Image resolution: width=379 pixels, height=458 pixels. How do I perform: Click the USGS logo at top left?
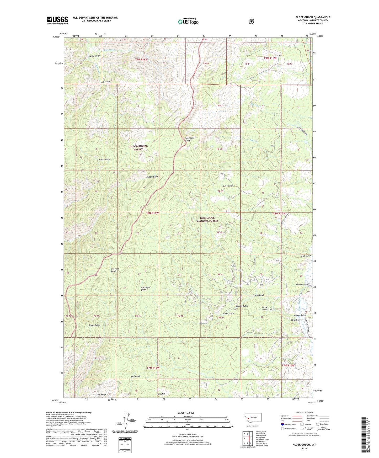pyautogui.click(x=57, y=20)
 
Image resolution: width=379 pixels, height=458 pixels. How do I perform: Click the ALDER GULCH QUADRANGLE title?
pyautogui.click(x=313, y=17)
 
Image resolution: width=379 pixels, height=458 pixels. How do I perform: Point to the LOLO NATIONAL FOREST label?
pyautogui.click(x=138, y=148)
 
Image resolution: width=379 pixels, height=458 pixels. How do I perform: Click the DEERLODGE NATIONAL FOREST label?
pyautogui.click(x=207, y=219)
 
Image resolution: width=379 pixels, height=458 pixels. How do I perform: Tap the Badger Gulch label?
pyautogui.click(x=152, y=177)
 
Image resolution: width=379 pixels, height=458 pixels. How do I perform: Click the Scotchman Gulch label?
pyautogui.click(x=146, y=289)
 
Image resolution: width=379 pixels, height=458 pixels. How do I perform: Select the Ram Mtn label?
pyautogui.click(x=161, y=394)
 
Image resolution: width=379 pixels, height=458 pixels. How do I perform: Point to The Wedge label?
pyautogui.click(x=102, y=394)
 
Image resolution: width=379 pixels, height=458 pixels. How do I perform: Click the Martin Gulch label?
pyautogui.click(x=94, y=56)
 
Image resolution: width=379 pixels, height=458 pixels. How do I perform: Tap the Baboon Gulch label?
pyautogui.click(x=241, y=306)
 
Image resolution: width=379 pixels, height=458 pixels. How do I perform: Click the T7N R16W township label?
pyautogui.click(x=153, y=368)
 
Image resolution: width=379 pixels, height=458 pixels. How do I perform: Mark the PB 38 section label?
pyautogui.click(x=219, y=149)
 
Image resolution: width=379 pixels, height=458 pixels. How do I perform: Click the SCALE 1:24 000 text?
pyautogui.click(x=186, y=413)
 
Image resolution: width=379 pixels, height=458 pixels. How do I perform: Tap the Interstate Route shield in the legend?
pyautogui.click(x=282, y=424)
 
